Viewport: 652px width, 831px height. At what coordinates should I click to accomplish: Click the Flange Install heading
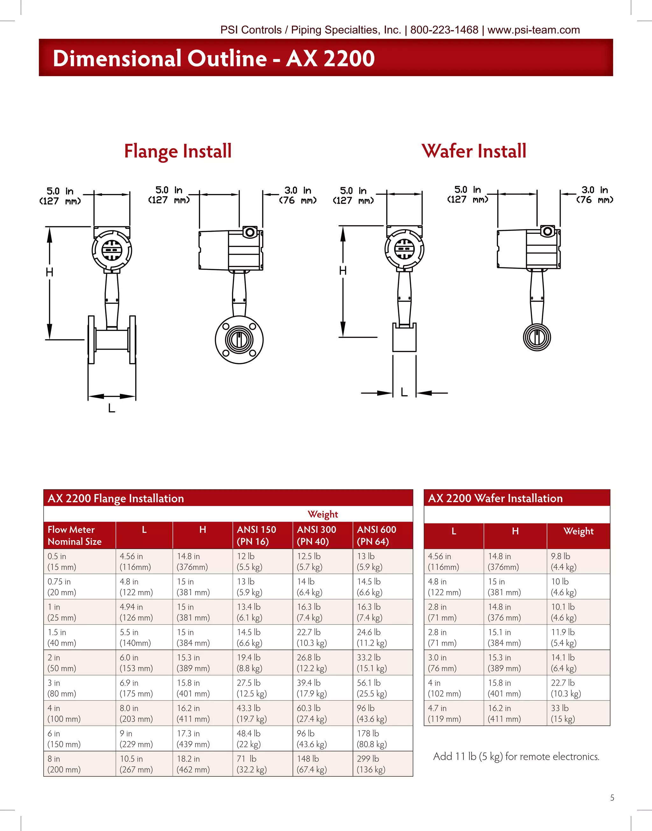pyautogui.click(x=178, y=151)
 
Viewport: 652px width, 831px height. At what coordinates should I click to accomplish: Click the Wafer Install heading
pyautogui.click(x=474, y=151)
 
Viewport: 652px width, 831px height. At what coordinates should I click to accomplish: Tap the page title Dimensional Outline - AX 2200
pyautogui.click(x=213, y=58)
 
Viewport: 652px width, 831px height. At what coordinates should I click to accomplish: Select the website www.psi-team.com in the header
pyautogui.click(x=533, y=30)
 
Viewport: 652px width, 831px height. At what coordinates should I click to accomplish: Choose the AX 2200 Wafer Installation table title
pyautogui.click(x=495, y=498)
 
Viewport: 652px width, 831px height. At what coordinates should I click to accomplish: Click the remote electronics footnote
pyautogui.click(x=516, y=756)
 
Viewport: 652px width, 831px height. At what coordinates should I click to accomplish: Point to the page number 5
pyautogui.click(x=612, y=798)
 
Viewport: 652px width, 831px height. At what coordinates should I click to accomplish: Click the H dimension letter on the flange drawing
pyautogui.click(x=50, y=272)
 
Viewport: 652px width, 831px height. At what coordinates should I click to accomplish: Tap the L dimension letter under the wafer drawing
pyautogui.click(x=404, y=392)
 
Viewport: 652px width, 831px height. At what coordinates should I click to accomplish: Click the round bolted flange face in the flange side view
pyautogui.click(x=239, y=340)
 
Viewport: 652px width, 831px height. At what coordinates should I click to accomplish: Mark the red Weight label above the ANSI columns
pyautogui.click(x=322, y=514)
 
